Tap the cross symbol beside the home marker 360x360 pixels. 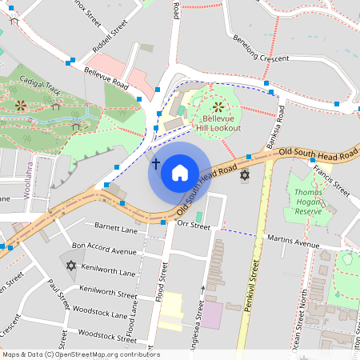[x=156, y=165]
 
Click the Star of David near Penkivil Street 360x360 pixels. [x=245, y=174]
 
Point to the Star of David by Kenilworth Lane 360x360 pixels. [x=70, y=266]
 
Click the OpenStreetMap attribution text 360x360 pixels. [x=80, y=354]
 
